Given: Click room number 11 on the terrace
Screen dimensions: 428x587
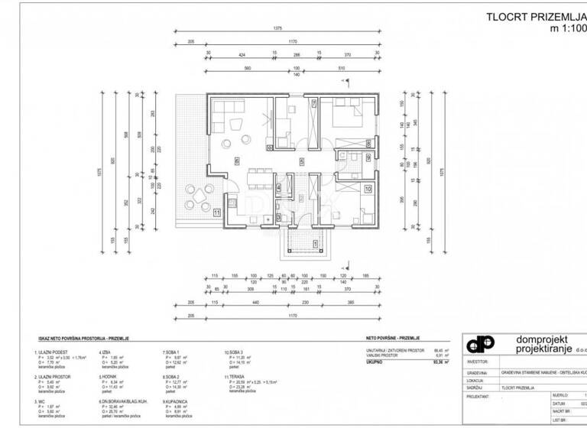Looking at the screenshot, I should pyautogui.click(x=216, y=212).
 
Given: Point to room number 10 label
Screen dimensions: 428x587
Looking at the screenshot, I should pyautogui.click(x=368, y=187).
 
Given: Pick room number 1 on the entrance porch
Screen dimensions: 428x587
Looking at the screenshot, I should pyautogui.click(x=316, y=243).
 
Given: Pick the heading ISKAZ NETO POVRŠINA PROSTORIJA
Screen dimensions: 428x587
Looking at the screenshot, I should pyautogui.click(x=79, y=336).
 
